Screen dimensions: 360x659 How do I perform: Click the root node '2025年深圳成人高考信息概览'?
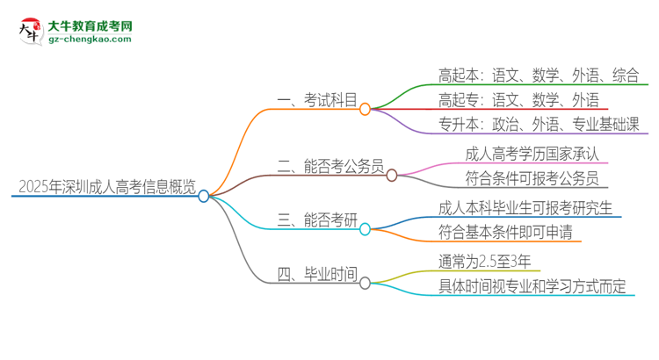(x=102, y=186)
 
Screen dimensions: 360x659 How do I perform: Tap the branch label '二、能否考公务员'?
(x=330, y=167)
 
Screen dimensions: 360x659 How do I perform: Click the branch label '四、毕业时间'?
(x=317, y=276)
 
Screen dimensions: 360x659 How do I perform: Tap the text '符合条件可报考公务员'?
(x=532, y=179)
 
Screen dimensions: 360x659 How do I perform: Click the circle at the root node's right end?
(x=204, y=196)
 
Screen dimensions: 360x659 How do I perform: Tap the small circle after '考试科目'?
(x=366, y=109)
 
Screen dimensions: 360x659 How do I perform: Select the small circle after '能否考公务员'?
(x=392, y=174)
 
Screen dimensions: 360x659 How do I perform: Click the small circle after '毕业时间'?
(x=366, y=283)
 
